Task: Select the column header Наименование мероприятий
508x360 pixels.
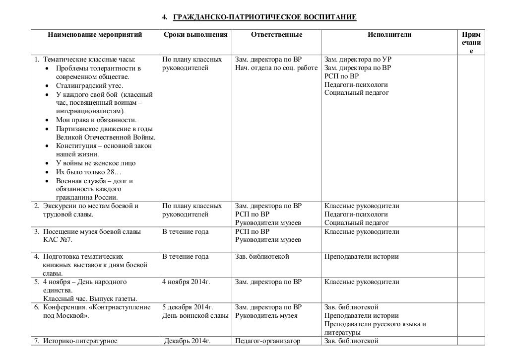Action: pyautogui.click(x=95, y=35)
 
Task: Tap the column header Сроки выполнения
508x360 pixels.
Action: pyautogui.click(x=195, y=35)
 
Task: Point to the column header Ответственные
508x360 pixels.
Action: pyautogui.click(x=276, y=35)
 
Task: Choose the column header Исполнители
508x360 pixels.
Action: pyautogui.click(x=389, y=35)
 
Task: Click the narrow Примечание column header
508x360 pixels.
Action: pyautogui.click(x=471, y=43)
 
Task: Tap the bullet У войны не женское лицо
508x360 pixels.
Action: pyautogui.click(x=96, y=163)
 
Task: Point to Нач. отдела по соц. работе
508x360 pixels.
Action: pyautogui.click(x=276, y=68)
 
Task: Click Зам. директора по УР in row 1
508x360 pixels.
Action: pyautogui.click(x=354, y=60)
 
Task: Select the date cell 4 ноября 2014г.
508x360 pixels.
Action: pyautogui.click(x=186, y=282)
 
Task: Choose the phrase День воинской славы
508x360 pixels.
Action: pyautogui.click(x=195, y=315)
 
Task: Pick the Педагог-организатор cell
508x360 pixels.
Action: pyautogui.click(x=268, y=341)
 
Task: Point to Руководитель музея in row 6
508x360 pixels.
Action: pyautogui.click(x=266, y=315)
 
